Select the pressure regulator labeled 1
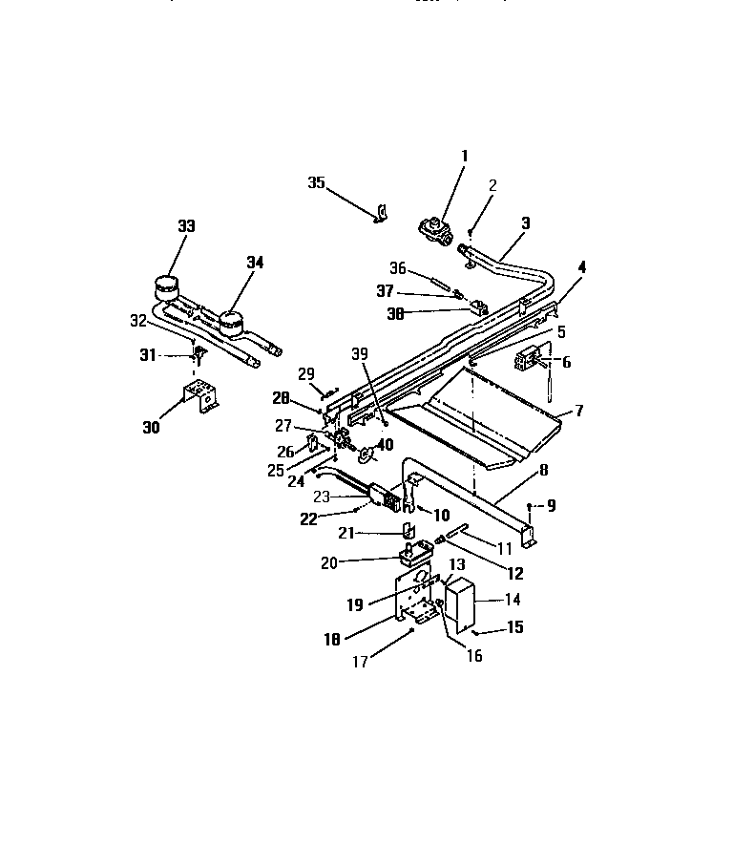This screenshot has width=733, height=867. coord(436,230)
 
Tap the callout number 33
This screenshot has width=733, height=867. coord(185,226)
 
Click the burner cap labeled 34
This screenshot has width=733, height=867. coord(230,325)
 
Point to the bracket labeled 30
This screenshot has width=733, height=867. coord(199,396)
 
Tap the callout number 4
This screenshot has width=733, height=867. coord(581,267)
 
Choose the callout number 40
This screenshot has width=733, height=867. coord(384,444)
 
